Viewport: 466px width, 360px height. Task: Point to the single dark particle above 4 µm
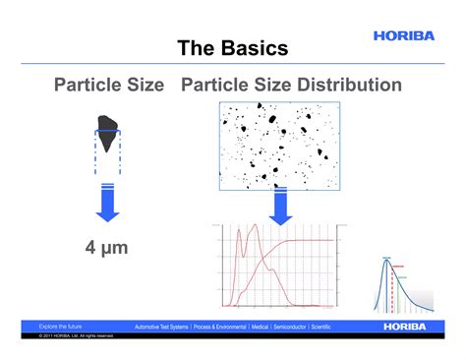tap(107, 126)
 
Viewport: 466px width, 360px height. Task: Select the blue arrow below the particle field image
tap(280, 207)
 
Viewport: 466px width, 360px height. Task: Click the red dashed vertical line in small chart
tap(393, 290)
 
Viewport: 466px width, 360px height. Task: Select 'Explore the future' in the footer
tap(60, 326)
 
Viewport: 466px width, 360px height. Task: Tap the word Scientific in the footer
tap(316, 327)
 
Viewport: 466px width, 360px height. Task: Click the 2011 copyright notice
tap(77, 336)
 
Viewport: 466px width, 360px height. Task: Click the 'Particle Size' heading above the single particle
tap(108, 86)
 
